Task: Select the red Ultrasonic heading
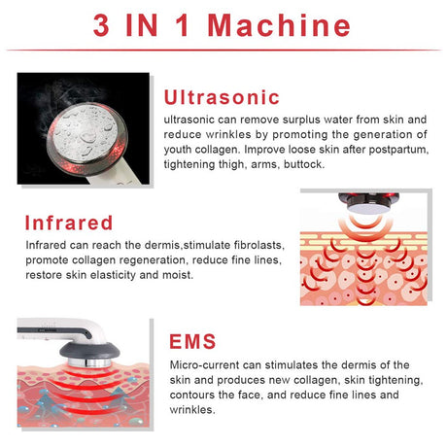click(x=222, y=97)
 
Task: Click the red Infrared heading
click(x=69, y=223)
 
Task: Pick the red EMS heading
click(x=195, y=342)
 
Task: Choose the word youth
click(x=182, y=150)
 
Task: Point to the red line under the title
click(x=223, y=50)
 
